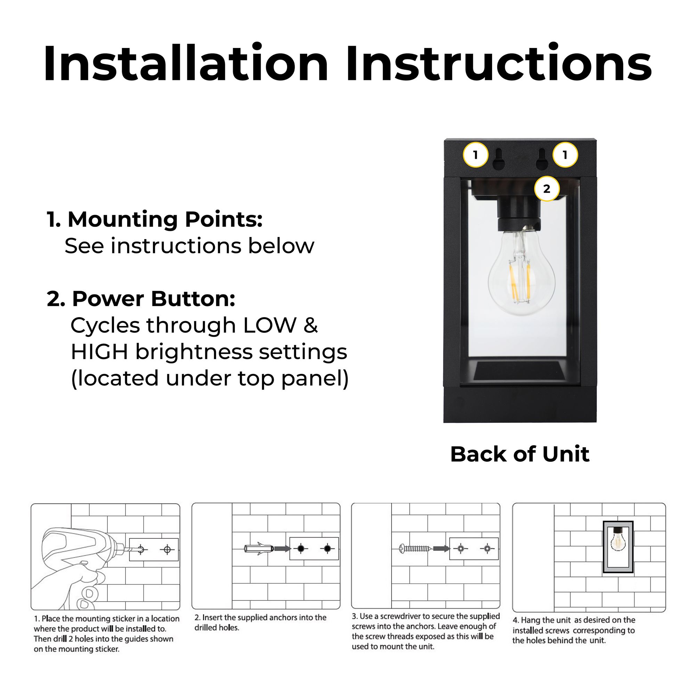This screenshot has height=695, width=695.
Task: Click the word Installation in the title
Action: point(185,64)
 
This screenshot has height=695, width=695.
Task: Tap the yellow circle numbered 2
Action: point(546,188)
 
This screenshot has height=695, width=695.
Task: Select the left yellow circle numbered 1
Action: point(475,155)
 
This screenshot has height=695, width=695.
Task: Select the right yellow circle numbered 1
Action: point(565,155)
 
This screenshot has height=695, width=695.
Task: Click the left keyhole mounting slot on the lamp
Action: point(499,160)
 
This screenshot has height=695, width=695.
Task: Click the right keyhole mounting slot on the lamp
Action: point(542,160)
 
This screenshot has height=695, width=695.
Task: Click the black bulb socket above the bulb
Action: point(519,214)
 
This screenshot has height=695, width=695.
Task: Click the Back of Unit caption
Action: point(520,454)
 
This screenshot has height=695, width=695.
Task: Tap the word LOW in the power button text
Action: point(270,325)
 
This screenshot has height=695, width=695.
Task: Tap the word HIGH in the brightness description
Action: point(99,352)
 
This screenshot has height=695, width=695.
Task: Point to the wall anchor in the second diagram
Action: point(258,549)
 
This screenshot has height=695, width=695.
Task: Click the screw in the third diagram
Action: point(415,549)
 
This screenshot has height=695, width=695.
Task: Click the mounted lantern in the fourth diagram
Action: point(618,547)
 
